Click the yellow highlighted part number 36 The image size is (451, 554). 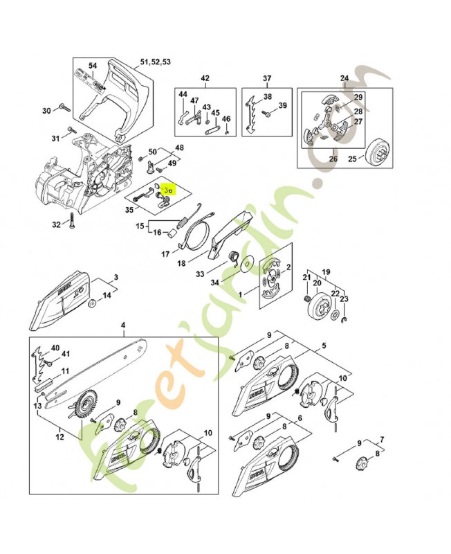(x=167, y=187)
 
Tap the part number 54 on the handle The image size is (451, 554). (x=93, y=65)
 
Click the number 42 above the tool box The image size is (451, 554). (x=205, y=78)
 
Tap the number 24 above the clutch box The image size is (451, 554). (x=344, y=78)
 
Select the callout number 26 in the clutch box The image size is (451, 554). (x=333, y=159)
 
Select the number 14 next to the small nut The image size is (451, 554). (x=107, y=296)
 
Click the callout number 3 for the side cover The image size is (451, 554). (x=116, y=276)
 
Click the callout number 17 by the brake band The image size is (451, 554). (x=165, y=253)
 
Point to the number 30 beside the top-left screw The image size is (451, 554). (x=46, y=110)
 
